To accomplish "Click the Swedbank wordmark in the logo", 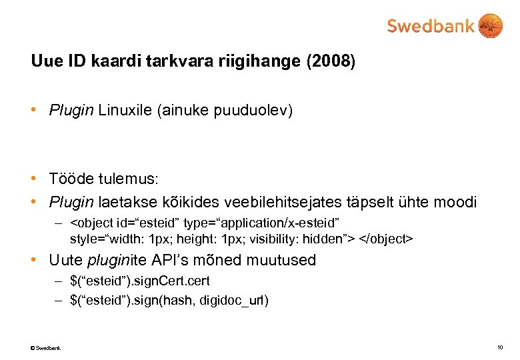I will point(431,27).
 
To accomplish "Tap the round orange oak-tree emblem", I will point(491,26).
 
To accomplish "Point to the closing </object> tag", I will point(387,237).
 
